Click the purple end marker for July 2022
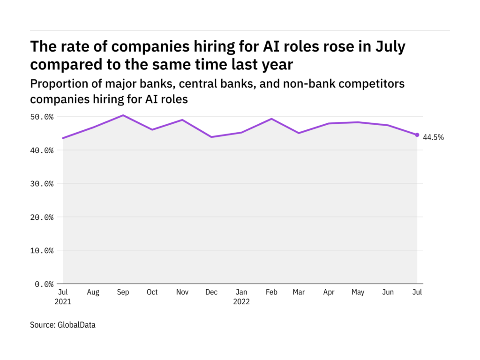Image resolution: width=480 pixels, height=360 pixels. click(x=417, y=135)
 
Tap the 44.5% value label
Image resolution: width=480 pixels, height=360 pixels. click(x=433, y=137)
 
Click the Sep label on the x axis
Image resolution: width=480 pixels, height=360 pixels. click(x=123, y=292)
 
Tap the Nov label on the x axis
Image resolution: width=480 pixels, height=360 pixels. click(x=182, y=292)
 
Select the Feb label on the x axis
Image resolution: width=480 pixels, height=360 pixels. click(x=271, y=292)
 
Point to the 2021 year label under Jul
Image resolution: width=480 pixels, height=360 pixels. click(x=63, y=302)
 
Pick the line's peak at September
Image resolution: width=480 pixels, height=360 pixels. click(x=123, y=115)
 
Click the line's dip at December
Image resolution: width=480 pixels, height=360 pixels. click(x=211, y=137)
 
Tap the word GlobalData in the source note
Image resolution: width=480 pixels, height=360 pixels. click(x=76, y=324)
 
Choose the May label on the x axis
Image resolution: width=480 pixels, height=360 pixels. click(x=358, y=292)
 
